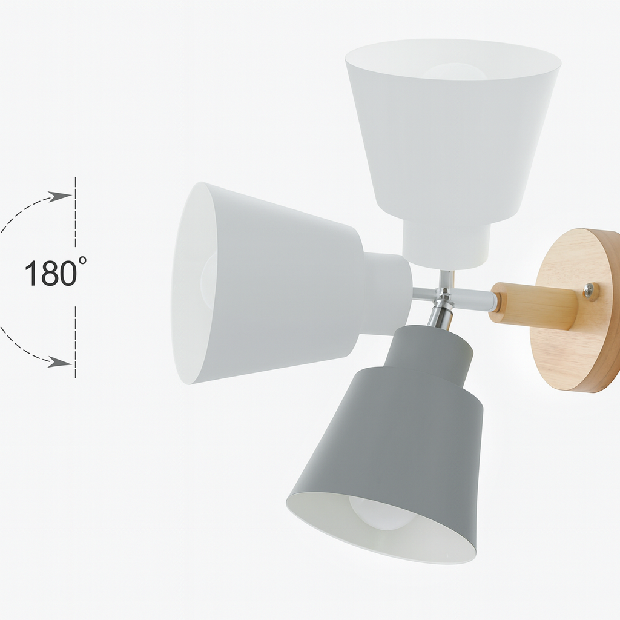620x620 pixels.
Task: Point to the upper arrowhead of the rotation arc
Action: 61,196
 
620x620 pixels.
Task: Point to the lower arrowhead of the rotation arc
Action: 61,362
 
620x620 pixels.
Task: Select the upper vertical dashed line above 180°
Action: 75,212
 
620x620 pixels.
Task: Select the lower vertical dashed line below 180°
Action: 75,342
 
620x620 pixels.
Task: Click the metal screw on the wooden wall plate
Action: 590,291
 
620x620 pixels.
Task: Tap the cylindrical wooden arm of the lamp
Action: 533,306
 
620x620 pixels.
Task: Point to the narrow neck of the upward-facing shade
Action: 446,245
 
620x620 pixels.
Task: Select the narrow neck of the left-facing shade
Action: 387,294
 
